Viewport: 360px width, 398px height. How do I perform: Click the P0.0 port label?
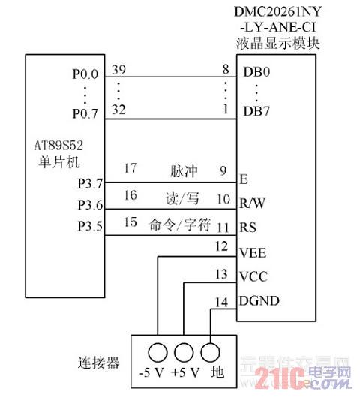point(85,74)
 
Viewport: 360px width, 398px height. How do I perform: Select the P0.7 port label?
point(85,113)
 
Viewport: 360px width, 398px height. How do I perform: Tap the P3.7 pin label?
point(90,183)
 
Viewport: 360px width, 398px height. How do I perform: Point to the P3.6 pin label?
point(90,204)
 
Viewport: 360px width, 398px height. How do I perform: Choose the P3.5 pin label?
point(90,225)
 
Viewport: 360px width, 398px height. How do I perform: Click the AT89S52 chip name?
point(58,146)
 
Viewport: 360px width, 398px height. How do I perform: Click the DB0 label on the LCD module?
point(256,72)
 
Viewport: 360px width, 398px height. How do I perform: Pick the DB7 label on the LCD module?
point(256,111)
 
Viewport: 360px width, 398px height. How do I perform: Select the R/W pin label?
point(252,203)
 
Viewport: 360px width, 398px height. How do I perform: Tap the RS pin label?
point(247,228)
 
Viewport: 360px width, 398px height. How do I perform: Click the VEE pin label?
point(253,253)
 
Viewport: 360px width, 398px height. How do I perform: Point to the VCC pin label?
point(253,276)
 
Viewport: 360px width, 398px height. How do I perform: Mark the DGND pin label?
point(259,301)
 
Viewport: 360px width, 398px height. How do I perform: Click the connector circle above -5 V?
point(157,352)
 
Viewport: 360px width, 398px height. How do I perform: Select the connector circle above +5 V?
point(184,352)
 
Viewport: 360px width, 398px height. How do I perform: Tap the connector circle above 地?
point(210,352)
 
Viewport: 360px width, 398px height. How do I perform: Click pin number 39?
point(118,69)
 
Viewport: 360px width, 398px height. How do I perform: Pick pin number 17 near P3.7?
point(130,168)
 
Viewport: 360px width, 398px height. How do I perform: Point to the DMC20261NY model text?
point(277,11)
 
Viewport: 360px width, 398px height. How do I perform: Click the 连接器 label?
point(98,363)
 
